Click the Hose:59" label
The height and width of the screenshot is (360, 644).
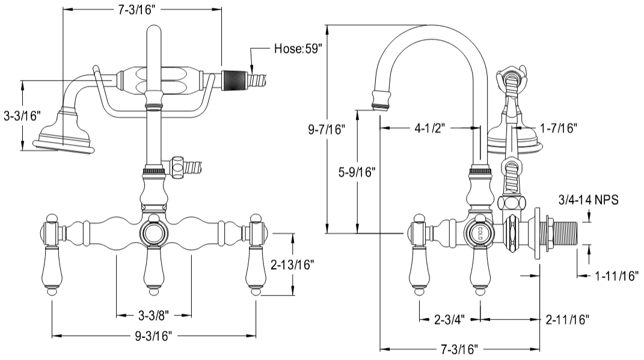point(298,49)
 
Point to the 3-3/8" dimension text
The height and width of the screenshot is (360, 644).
point(153,314)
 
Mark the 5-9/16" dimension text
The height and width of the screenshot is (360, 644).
point(357,172)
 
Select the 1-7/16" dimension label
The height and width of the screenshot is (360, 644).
point(559,127)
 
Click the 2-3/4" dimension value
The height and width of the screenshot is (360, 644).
point(449,318)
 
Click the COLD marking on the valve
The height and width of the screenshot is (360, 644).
point(480,233)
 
